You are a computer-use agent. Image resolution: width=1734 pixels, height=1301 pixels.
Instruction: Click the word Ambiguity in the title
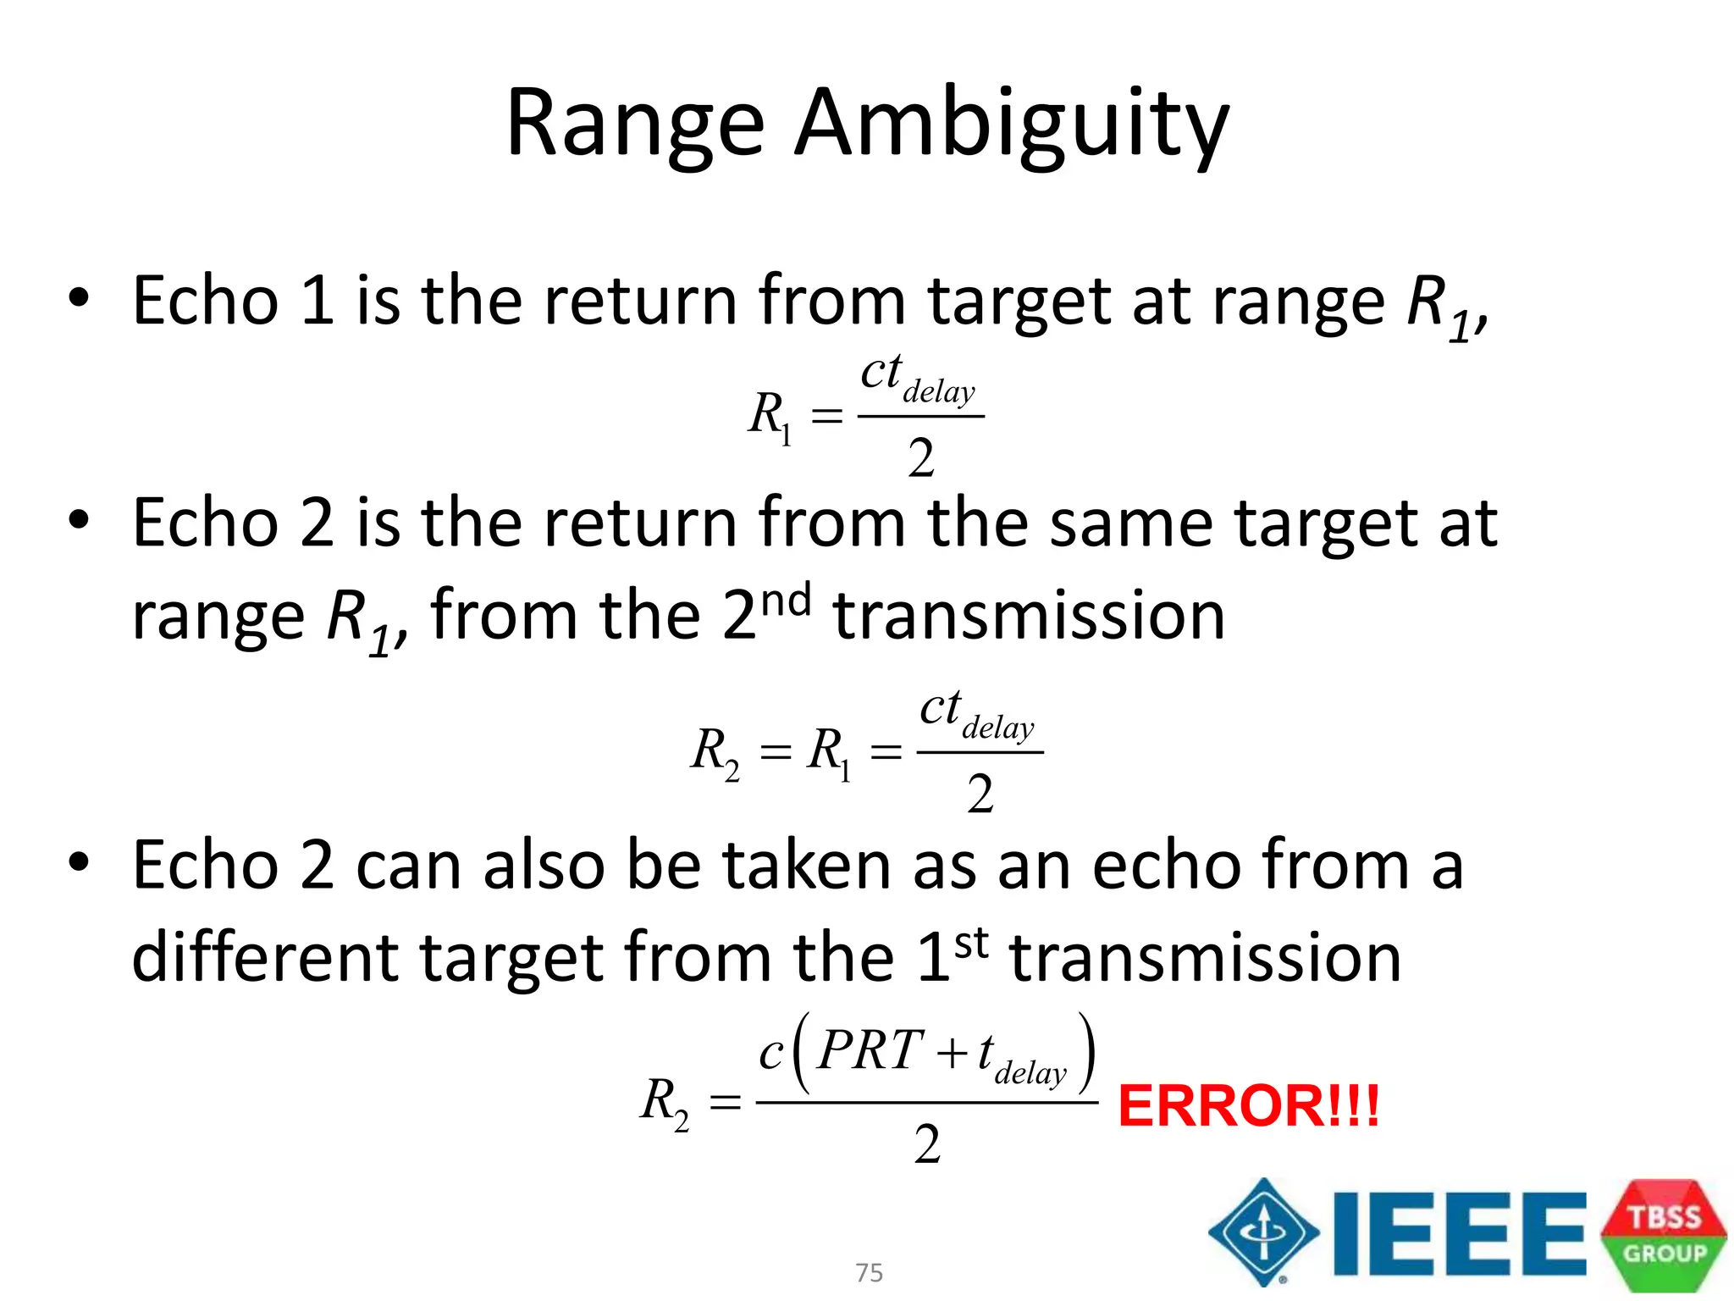(x=1012, y=125)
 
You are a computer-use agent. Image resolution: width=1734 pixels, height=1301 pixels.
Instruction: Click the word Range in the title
(x=635, y=125)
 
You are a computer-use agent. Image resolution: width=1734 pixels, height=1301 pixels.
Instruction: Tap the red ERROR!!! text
(x=1249, y=1105)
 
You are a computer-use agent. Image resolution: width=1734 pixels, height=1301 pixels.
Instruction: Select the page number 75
(x=869, y=1272)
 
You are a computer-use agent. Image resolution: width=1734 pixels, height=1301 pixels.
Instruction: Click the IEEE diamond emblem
(x=1264, y=1232)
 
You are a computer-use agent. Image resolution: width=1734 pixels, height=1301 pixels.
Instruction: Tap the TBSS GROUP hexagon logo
(x=1664, y=1234)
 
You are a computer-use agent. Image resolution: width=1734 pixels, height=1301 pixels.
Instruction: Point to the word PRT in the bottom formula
(x=870, y=1050)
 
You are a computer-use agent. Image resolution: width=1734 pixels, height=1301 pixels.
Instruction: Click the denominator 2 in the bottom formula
(x=927, y=1145)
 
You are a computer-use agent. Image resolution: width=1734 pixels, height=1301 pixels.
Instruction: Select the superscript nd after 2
(x=786, y=601)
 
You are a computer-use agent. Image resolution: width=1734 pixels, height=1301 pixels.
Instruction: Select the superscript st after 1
(x=971, y=943)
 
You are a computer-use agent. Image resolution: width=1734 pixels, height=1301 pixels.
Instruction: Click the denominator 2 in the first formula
(x=921, y=459)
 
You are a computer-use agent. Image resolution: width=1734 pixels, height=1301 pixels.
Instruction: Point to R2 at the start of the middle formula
(x=715, y=751)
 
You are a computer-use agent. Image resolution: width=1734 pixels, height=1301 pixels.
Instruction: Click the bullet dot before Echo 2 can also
(x=79, y=863)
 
